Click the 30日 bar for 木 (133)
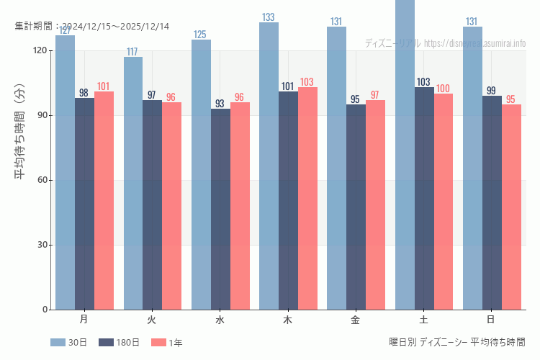tap(269, 166)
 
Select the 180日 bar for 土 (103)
tap(424, 198)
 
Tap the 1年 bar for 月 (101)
tap(104, 200)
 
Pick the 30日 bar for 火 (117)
tap(133, 183)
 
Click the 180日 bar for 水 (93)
tap(220, 209)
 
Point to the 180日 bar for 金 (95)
tap(356, 207)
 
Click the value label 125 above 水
tap(200, 35)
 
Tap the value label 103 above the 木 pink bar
tap(307, 82)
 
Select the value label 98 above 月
tap(84, 93)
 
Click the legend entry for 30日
tap(69, 343)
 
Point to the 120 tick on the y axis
tap(40, 50)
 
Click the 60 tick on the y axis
tap(42, 180)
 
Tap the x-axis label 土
tap(424, 319)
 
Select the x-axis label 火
tap(152, 319)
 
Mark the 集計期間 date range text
tap(92, 27)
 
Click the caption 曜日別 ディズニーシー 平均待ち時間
tap(456, 342)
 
